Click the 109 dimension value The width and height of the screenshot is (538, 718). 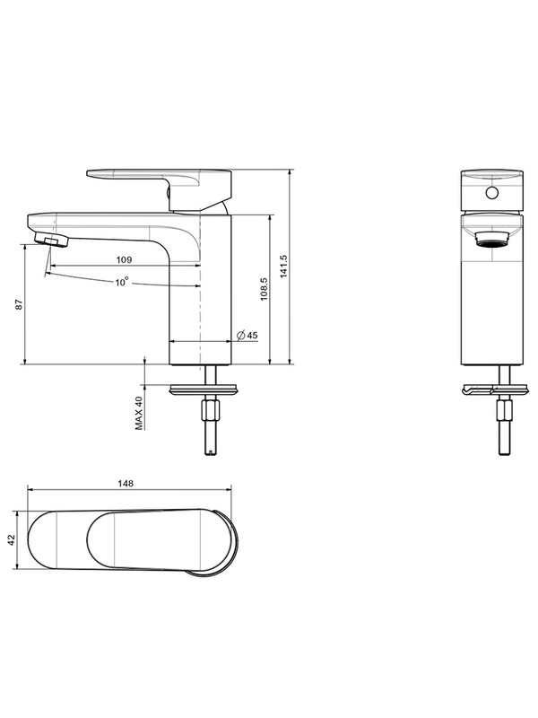click(124, 259)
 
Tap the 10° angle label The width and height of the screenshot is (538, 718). click(122, 282)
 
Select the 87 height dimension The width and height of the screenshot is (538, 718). click(19, 304)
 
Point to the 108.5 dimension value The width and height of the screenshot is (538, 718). click(264, 289)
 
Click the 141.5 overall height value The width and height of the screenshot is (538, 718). click(283, 267)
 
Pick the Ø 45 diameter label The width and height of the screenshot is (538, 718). click(247, 335)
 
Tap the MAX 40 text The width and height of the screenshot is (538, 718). click(139, 413)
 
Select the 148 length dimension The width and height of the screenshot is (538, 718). click(126, 484)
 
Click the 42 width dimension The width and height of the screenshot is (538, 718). click(12, 540)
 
